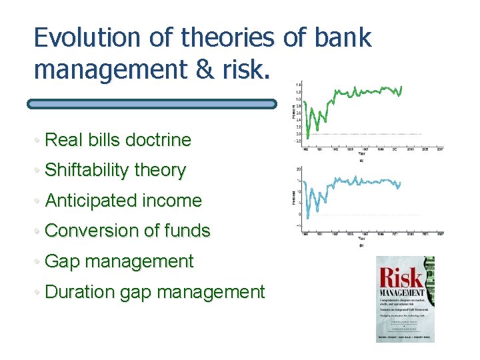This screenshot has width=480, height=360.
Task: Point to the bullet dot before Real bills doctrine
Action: coord(39,141)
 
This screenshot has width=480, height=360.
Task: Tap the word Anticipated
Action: coord(91,201)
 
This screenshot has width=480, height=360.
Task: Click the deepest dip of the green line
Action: coord(307,137)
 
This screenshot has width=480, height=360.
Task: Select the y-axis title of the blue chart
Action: coord(295,197)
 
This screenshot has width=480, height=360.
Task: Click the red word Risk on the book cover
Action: coord(400,278)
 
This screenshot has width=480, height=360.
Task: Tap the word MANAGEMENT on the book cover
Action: coord(401,293)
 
